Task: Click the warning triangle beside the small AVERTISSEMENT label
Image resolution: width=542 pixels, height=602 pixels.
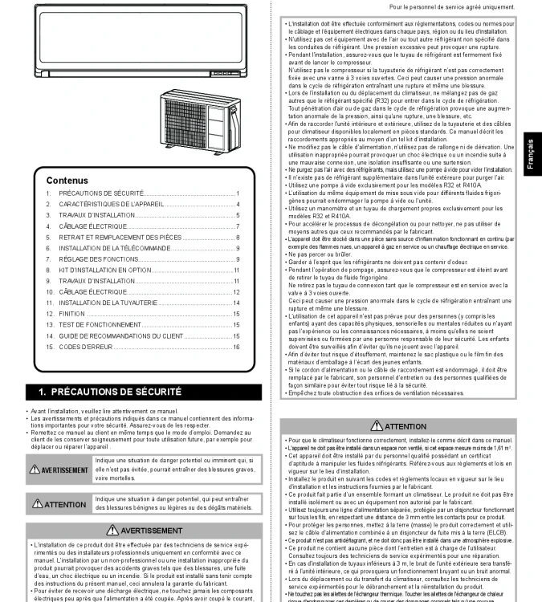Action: (x=35, y=470)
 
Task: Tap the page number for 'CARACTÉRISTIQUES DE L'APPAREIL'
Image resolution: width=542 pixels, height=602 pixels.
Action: (x=238, y=205)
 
